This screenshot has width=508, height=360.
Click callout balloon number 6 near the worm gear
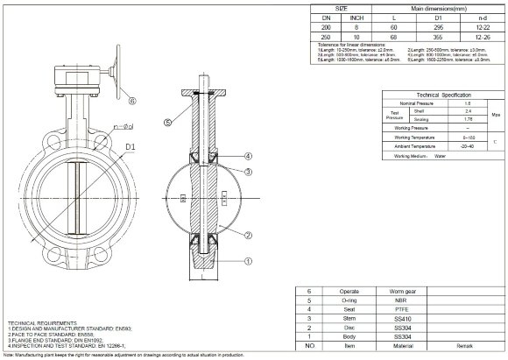[132, 101]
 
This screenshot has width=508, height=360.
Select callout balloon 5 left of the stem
[167, 121]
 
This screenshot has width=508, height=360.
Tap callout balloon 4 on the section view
[249, 156]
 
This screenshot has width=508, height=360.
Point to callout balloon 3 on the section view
[249, 172]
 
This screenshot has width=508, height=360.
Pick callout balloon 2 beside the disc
[249, 235]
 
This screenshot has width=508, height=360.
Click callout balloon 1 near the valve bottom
[249, 260]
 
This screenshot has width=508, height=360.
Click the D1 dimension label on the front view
[131, 146]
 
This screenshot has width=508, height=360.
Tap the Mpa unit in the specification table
[493, 112]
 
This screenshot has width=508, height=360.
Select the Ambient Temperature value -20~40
[449, 146]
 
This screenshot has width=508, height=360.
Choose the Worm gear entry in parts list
[404, 289]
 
